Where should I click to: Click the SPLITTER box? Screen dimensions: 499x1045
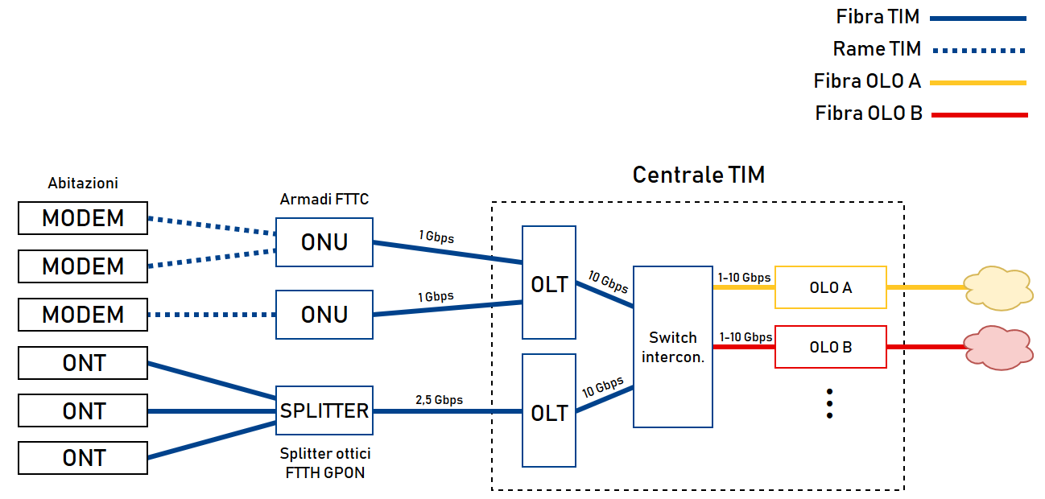324,411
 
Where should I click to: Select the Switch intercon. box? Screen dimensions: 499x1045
673,346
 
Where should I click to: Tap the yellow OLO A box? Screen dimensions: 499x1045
830,287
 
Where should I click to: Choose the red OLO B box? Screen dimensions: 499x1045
830,347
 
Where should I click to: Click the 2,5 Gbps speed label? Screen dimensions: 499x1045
439,399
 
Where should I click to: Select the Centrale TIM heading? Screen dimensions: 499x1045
698,175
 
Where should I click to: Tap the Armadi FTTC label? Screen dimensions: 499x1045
324,199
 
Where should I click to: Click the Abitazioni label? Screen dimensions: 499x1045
83,184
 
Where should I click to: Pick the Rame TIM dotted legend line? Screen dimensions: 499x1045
979,50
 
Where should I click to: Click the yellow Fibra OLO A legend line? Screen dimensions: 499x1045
979,82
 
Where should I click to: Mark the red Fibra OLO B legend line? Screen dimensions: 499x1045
979,115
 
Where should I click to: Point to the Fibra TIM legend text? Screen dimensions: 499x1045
878,17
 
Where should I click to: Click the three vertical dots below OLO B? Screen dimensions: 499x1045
829,403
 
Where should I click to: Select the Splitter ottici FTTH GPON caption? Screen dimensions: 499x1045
324,464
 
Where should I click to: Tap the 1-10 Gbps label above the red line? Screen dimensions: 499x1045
746,337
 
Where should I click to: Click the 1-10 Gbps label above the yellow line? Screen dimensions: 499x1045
744,278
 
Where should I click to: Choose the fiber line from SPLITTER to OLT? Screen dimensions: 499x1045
447,411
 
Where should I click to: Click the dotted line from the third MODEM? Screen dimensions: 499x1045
211,315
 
